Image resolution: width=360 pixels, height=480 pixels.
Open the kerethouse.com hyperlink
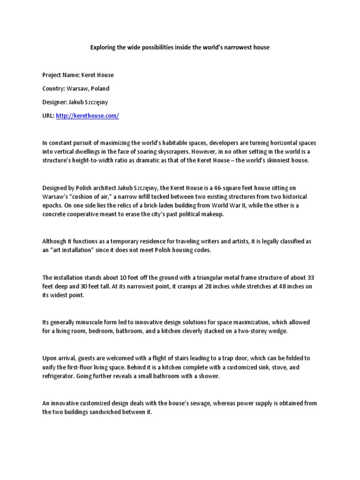coord(87,115)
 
